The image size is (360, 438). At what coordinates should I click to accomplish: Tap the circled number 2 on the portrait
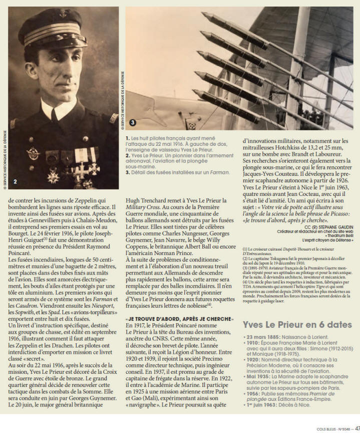(x=15, y=181)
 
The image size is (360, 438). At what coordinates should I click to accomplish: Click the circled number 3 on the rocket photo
(x=133, y=122)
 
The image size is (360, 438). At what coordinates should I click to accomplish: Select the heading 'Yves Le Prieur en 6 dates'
(x=297, y=324)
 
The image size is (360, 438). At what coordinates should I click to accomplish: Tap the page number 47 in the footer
(x=356, y=428)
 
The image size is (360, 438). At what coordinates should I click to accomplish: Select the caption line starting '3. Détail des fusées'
(x=171, y=172)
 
